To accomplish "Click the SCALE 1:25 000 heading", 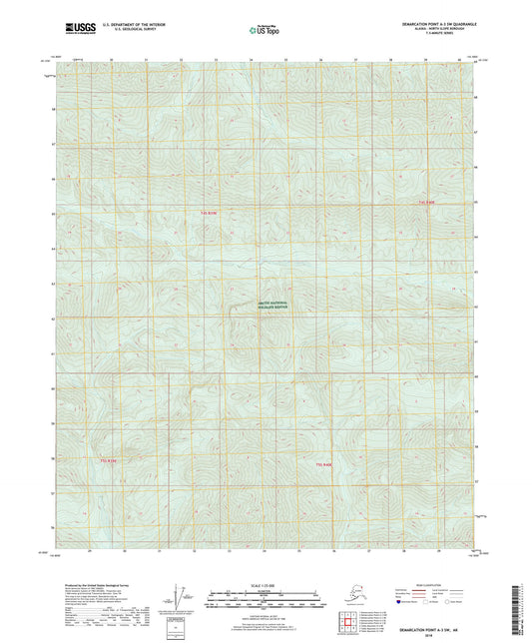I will click(266, 586).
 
